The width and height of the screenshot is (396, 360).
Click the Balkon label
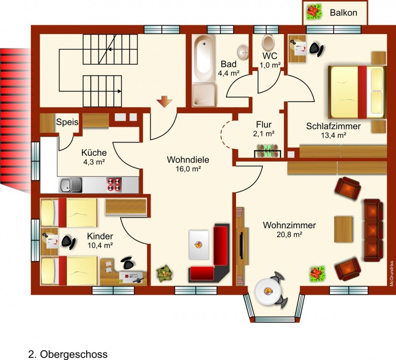pos(343,12)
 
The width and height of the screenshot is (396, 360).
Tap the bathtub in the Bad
pos(204,58)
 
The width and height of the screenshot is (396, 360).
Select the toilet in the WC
pos(268,43)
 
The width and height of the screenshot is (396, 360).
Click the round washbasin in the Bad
pos(243,52)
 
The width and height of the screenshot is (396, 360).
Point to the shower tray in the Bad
pos(204,95)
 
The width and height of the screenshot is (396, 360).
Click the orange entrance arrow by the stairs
pos(164,101)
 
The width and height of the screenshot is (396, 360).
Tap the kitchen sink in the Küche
pos(71,185)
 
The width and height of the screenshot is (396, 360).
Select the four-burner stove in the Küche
pos(114,185)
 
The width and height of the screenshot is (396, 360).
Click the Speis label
pos(67,122)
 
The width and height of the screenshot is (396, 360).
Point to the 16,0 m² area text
pos(188,169)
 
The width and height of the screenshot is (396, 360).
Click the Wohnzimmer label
pos(289,225)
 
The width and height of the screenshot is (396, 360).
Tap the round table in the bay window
pos(267,291)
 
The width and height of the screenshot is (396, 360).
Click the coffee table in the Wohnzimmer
pos(343,229)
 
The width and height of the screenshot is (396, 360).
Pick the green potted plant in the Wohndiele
pos(165,273)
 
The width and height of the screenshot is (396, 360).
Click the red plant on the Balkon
pos(315,12)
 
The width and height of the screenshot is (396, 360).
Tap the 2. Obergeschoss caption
pos(68,354)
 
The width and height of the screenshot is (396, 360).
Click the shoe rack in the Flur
pos(267,151)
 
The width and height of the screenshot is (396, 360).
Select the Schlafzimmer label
pos(333,126)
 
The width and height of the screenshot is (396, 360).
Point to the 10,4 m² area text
pos(100,245)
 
